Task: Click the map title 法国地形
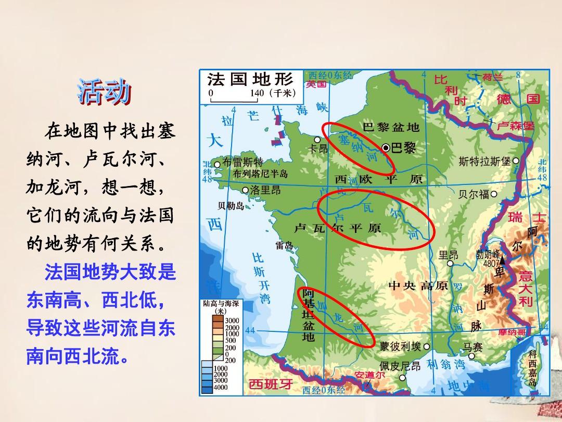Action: [x=250, y=80]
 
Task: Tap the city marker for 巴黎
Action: [x=386, y=148]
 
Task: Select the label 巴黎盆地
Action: [x=391, y=127]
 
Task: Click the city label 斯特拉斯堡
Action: [x=485, y=162]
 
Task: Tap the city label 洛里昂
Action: [x=265, y=190]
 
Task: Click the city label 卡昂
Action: [x=318, y=148]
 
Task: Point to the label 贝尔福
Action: [x=474, y=194]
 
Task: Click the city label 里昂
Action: [x=448, y=255]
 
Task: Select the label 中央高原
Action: [x=418, y=286]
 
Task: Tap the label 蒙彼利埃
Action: [x=400, y=346]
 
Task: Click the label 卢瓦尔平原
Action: [x=337, y=228]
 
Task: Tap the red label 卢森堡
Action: [x=515, y=126]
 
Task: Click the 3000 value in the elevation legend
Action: [x=232, y=320]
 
